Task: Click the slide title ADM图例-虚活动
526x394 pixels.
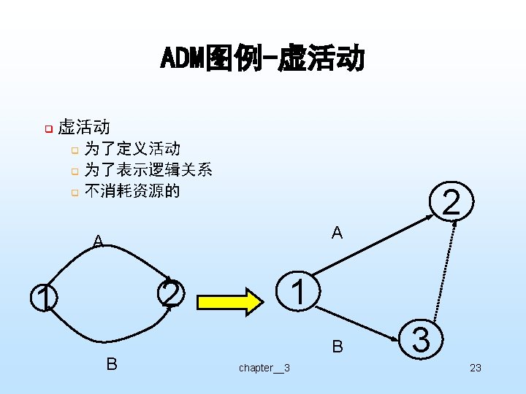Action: pos(262,58)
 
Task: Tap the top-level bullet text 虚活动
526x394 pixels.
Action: pos(83,128)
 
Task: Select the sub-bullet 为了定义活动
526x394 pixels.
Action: pos(132,149)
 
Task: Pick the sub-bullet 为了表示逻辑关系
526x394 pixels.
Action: pos(148,170)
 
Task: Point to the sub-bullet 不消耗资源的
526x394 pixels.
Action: pos(132,191)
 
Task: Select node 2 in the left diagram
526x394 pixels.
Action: pos(169,294)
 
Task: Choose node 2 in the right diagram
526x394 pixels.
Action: pos(451,202)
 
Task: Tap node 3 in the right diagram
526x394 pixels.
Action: pos(420,341)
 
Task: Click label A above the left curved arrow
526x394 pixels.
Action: pos(98,242)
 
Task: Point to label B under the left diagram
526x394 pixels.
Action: pos(112,363)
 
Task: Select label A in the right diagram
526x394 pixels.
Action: pos(337,233)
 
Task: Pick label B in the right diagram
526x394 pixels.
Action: pos(338,347)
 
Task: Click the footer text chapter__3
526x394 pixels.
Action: pos(264,368)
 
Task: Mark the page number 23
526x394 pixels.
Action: pos(475,368)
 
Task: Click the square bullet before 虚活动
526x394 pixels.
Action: pos(47,129)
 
